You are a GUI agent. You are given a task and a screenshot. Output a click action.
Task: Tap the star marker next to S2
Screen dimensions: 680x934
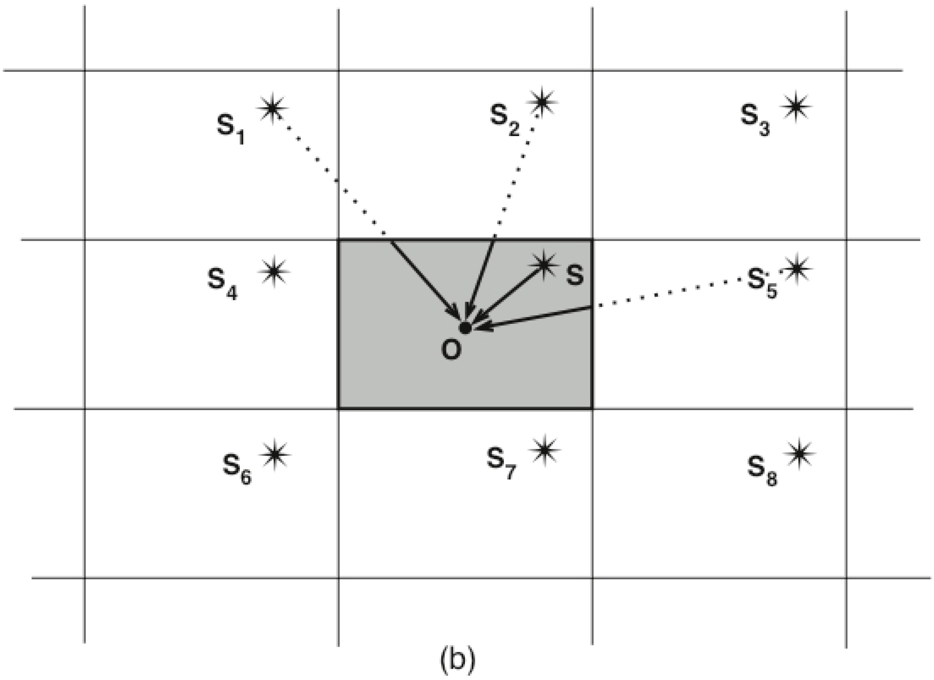(542, 101)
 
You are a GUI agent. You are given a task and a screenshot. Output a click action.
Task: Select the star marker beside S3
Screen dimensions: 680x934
(796, 107)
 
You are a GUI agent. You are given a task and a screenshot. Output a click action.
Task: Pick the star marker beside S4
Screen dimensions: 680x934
(274, 271)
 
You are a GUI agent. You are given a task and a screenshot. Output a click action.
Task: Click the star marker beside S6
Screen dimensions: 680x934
(275, 455)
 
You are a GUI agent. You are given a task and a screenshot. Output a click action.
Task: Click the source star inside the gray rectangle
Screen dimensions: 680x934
(544, 265)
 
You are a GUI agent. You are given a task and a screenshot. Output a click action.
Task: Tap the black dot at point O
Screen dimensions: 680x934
(465, 328)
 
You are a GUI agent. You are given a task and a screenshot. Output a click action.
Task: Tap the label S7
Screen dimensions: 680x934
(500, 463)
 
